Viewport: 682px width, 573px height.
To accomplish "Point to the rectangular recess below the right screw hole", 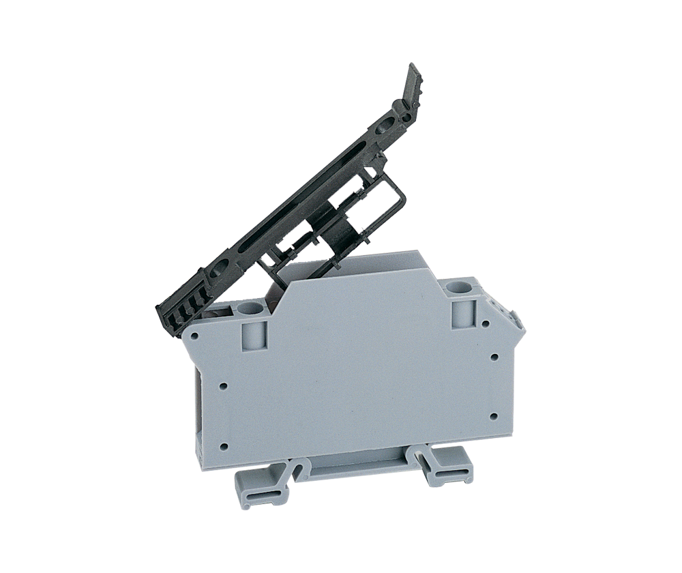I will (462, 315).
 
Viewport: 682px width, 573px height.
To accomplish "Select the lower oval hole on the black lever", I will (220, 270).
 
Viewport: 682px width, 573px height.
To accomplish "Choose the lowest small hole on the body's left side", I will (224, 448).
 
